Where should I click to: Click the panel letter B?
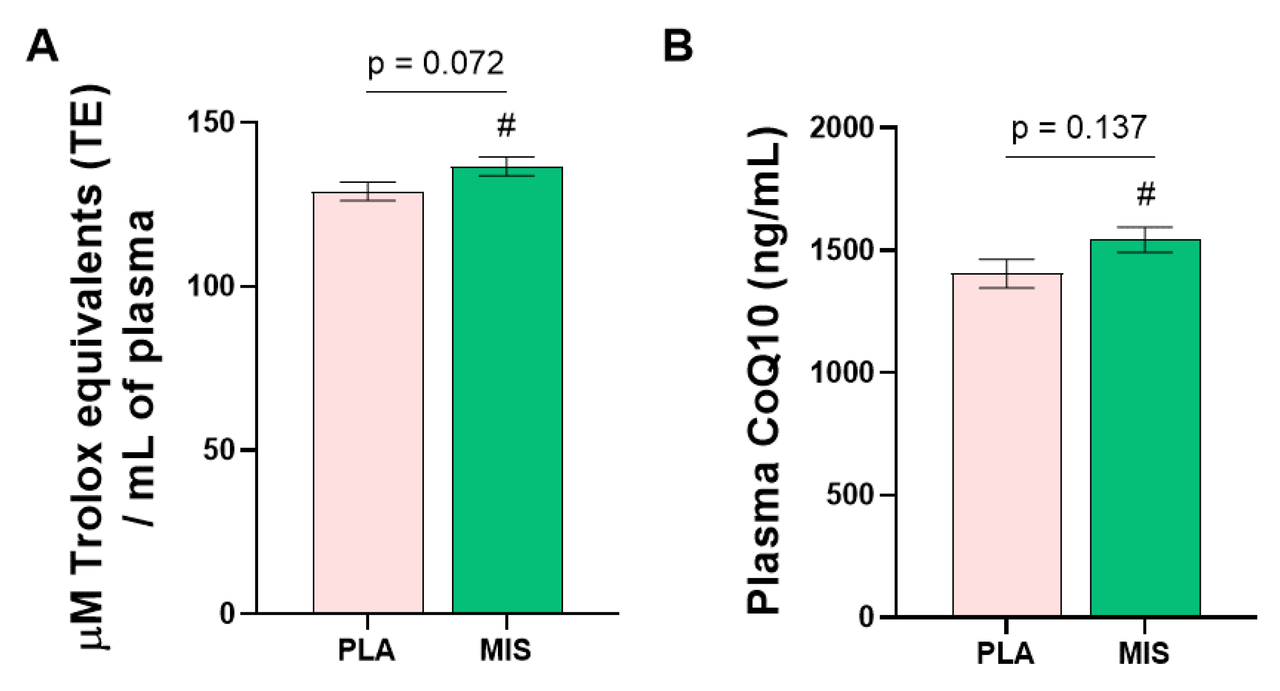678,46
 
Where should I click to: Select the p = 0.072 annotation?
436,64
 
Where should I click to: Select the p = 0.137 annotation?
1079,128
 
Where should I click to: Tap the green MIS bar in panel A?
507,391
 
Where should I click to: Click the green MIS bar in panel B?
1145,427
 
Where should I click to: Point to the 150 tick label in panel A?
211,123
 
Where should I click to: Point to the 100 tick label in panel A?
211,286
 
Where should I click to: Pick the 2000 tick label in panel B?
841,127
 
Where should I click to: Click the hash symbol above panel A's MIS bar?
506,126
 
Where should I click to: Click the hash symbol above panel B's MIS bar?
1145,194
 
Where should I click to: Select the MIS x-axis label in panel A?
505,650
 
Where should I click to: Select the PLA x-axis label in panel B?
1005,653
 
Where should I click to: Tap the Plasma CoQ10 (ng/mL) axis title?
764,370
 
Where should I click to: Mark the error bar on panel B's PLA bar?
1007,274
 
